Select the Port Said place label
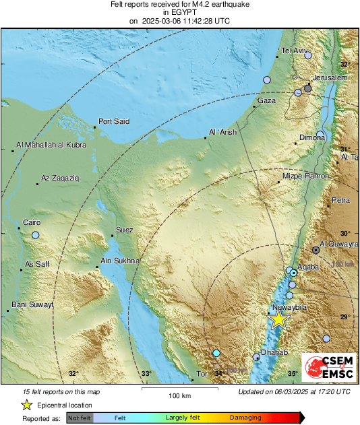[113, 122]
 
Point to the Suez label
[125, 230]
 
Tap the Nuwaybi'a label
[289, 308]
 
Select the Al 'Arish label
[223, 133]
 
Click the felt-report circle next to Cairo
[36, 235]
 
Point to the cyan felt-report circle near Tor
[216, 353]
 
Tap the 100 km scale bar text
[179, 395]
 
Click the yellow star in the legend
[26, 405]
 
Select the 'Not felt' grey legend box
[80, 418]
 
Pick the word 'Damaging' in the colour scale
[245, 418]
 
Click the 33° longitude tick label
[146, 373]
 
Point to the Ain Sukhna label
[119, 261]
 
